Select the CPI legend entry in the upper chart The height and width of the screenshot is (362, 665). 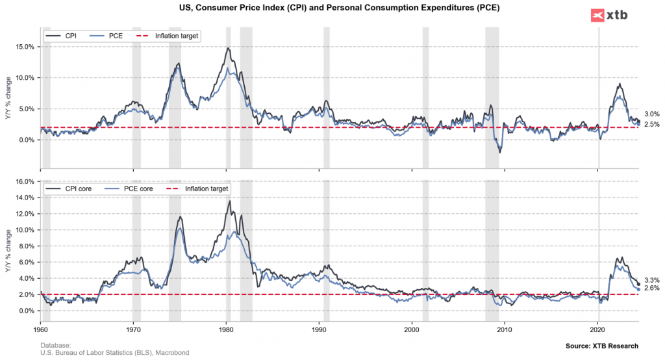point(63,36)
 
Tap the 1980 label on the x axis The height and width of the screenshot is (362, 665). point(226,330)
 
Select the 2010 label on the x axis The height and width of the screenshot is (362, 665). point(505,330)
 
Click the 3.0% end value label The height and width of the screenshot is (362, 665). point(651,114)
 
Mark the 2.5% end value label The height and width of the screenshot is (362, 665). point(651,124)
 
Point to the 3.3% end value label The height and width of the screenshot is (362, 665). point(651,280)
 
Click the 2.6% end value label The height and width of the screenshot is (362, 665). point(651,288)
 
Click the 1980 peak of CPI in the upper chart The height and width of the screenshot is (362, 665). point(227,48)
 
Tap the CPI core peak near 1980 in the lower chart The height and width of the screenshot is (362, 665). point(229,201)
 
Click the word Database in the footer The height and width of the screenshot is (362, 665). point(55,345)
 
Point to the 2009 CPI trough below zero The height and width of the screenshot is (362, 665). point(499,152)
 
